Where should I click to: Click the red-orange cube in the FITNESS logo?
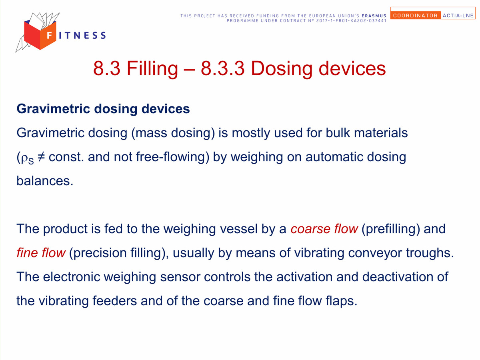pos(40,35)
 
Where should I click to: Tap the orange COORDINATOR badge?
pos(415,15)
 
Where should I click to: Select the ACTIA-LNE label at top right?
pos(458,16)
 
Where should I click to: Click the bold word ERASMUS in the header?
pos(374,16)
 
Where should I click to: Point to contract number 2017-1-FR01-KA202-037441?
pos(351,21)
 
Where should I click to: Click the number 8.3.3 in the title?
pos(222,68)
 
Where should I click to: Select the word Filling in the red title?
pos(152,69)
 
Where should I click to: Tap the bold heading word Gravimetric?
pos(53,109)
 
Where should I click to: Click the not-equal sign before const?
pos(41,157)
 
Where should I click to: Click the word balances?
pos(45,181)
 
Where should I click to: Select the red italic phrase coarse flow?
pos(324,229)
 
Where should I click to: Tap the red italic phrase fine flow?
pos(41,253)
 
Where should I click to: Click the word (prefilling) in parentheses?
pos(391,229)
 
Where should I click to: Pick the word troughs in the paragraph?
pos(430,253)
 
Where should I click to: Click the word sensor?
pos(180,277)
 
